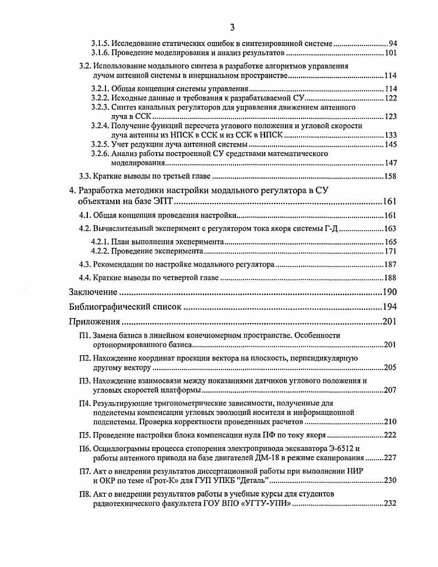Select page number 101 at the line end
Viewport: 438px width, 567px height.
click(390, 53)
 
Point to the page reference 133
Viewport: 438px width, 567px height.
click(390, 135)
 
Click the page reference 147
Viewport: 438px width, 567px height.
click(390, 163)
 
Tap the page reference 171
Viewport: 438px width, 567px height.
click(390, 251)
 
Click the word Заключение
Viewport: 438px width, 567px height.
click(93, 292)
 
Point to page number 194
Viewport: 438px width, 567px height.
click(390, 307)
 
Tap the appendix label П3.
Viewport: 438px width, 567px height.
click(85, 381)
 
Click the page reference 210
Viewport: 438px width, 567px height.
click(390, 422)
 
